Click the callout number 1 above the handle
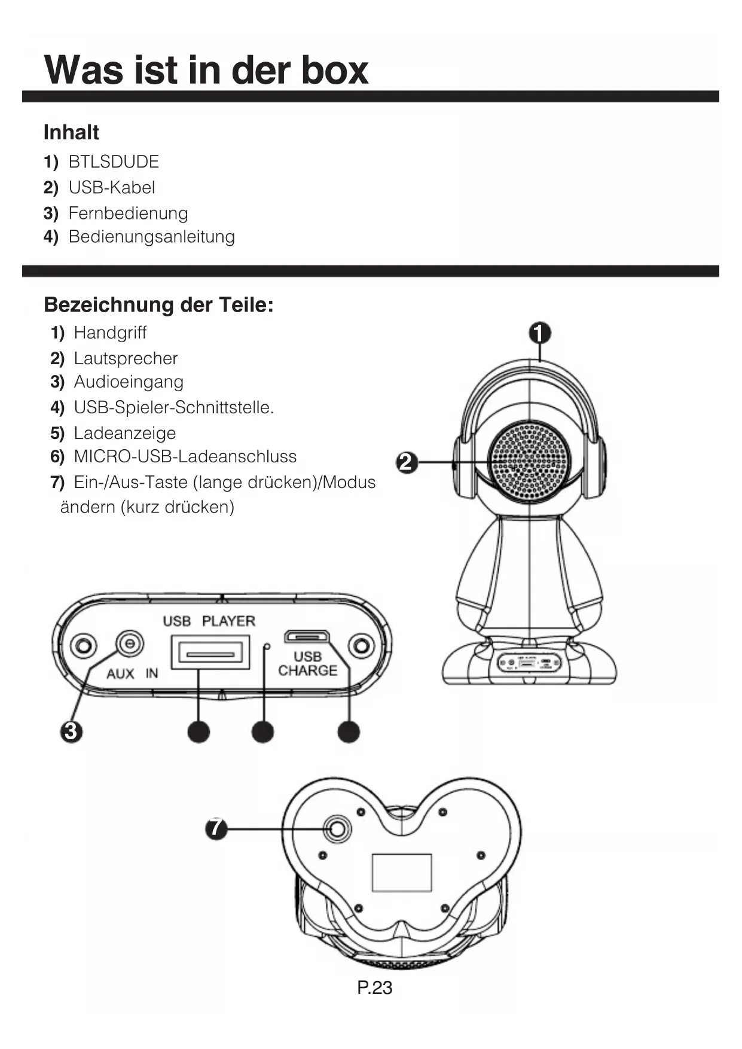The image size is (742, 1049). coord(540,333)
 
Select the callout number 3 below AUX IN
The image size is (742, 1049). coord(71,731)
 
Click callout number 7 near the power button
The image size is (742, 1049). coord(216,829)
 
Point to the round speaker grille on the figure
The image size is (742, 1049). coord(529,461)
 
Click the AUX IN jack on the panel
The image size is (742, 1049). coord(129,645)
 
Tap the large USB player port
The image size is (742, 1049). coord(210,653)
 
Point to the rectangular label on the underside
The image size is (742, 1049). coord(402,873)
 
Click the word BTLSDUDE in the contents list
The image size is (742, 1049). coord(114,162)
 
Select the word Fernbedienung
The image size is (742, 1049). coord(128,213)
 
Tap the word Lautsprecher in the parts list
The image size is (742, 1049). coord(126,358)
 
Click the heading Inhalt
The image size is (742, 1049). coord(71,132)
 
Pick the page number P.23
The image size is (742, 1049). coord(374,987)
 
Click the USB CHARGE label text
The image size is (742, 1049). coord(307,664)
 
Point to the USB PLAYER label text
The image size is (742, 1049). coord(209,621)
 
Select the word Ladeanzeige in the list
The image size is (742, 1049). coord(124,433)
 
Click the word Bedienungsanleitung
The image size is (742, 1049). coord(151,237)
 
